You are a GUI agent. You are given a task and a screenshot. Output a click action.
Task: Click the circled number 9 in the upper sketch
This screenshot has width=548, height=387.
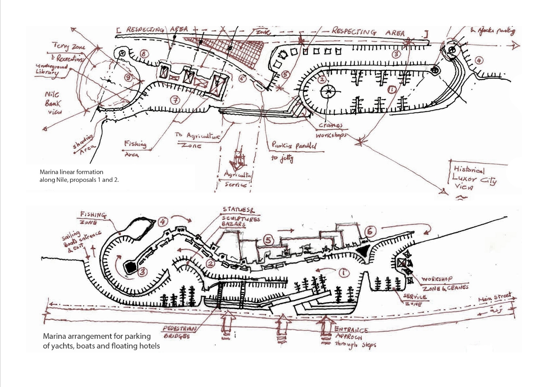point(128,78)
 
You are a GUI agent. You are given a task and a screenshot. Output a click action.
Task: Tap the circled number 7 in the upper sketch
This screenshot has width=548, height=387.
point(176,101)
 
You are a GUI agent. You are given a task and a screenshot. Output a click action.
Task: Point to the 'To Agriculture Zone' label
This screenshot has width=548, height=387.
point(198,140)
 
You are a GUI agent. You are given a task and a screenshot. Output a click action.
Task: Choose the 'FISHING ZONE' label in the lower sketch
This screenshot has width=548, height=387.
point(92,218)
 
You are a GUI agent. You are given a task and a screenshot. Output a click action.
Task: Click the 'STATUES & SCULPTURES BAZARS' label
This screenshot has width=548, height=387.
point(241,217)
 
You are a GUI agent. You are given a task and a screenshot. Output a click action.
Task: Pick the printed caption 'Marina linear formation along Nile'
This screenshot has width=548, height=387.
point(79,176)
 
